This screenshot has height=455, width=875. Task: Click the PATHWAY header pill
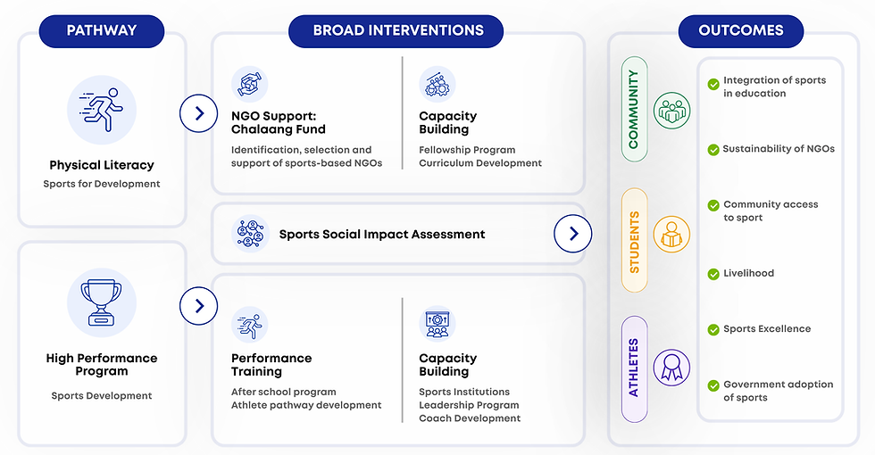[101, 30]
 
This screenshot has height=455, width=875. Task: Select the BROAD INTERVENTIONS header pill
[397, 30]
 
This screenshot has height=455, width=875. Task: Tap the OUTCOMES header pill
[740, 30]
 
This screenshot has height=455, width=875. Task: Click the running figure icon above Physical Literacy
[102, 109]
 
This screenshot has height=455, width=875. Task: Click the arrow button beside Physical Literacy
[198, 113]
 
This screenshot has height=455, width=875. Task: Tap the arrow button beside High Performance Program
[198, 307]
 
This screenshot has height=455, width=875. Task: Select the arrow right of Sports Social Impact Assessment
[572, 234]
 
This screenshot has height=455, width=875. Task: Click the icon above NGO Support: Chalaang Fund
[249, 85]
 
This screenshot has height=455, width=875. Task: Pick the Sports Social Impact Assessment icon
[249, 234]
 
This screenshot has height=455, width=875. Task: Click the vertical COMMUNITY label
[634, 110]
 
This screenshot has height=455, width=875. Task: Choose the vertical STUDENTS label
[634, 242]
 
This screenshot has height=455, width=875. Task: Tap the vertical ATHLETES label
[634, 368]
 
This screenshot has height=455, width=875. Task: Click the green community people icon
[671, 110]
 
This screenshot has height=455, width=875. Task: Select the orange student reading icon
[671, 235]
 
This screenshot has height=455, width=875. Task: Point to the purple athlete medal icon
[671, 367]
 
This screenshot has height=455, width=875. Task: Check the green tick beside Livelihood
[713, 274]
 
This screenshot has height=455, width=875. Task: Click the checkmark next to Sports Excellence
[713, 329]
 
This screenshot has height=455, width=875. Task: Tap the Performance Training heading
[271, 364]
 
